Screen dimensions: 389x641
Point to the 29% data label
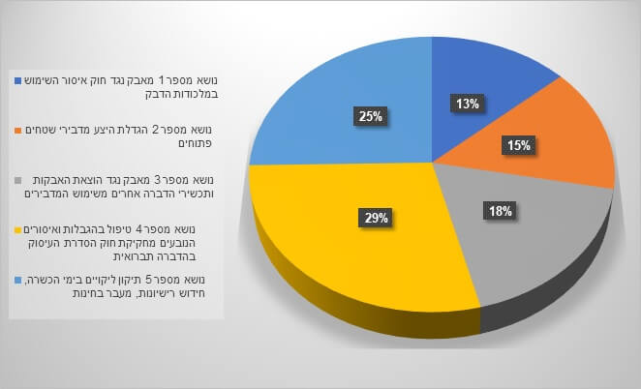376,217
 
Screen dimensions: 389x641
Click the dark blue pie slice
465,73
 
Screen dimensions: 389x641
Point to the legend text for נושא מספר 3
121,186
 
